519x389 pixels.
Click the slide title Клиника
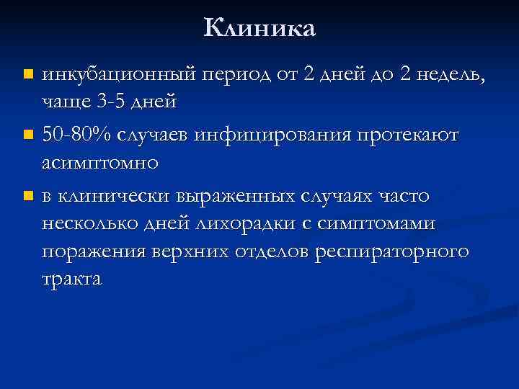pos(259,28)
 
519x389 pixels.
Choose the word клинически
pos(115,196)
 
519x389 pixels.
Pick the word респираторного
pos(392,251)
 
